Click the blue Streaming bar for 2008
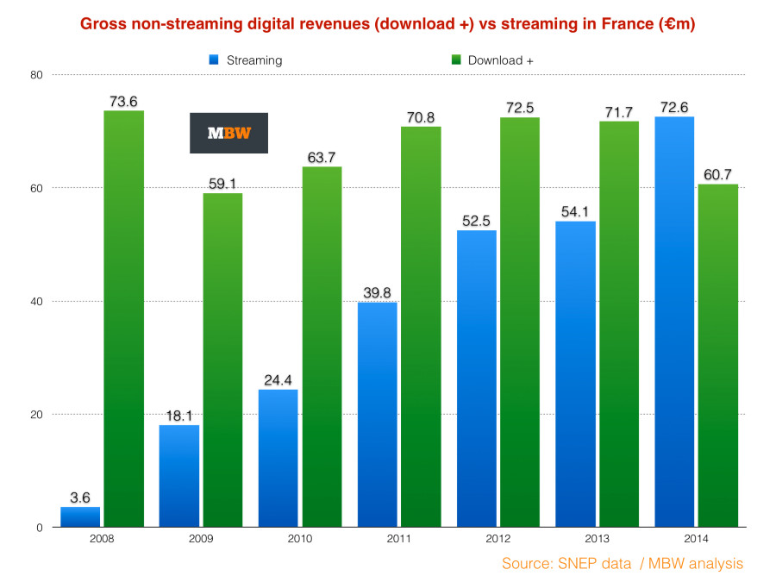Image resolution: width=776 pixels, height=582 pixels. point(80,517)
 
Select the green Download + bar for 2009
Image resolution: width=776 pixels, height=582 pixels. point(222,360)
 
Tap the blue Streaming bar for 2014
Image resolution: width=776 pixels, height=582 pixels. point(674,322)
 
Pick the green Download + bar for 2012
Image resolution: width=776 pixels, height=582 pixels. point(519,322)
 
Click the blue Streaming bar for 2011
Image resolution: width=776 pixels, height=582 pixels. point(378,414)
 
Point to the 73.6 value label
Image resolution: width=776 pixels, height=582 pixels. point(123,102)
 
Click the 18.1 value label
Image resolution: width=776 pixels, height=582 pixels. point(179,416)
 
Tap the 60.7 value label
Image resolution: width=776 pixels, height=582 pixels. point(718,175)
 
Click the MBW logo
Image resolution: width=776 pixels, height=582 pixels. point(228,133)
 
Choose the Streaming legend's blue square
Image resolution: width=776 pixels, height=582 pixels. point(212,60)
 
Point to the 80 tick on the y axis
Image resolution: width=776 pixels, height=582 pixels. point(37,75)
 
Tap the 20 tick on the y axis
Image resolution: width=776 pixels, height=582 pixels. point(37,415)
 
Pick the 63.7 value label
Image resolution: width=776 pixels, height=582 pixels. point(322,157)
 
